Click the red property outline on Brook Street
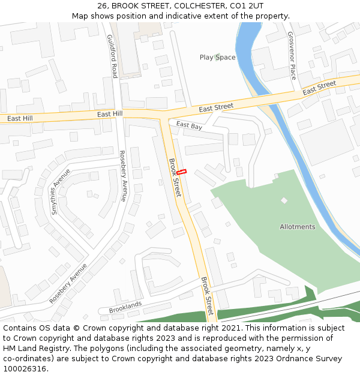point(182,172)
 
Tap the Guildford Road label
point(111,56)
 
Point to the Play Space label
point(217,58)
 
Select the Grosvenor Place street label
point(292,56)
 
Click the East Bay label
point(189,125)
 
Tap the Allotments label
point(297,227)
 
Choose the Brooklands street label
point(125,307)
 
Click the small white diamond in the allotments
point(284,200)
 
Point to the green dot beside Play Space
point(217,58)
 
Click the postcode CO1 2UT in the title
point(246,6)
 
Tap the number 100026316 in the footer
point(26,368)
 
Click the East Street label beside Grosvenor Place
point(319,88)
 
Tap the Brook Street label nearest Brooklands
point(207,296)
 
